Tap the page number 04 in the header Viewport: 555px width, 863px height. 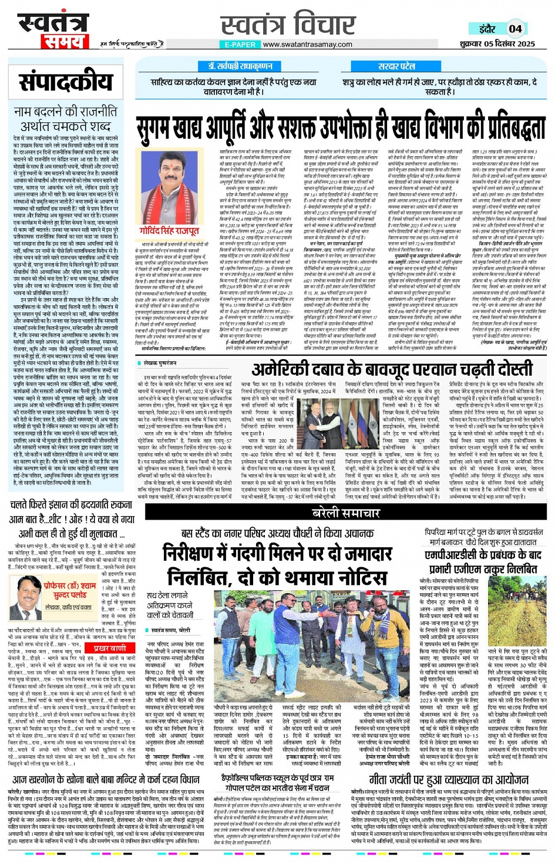515,28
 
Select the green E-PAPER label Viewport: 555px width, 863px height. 240,44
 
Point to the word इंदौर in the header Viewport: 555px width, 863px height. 487,28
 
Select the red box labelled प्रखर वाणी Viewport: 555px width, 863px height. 110,648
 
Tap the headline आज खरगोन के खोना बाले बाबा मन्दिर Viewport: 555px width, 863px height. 106,780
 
